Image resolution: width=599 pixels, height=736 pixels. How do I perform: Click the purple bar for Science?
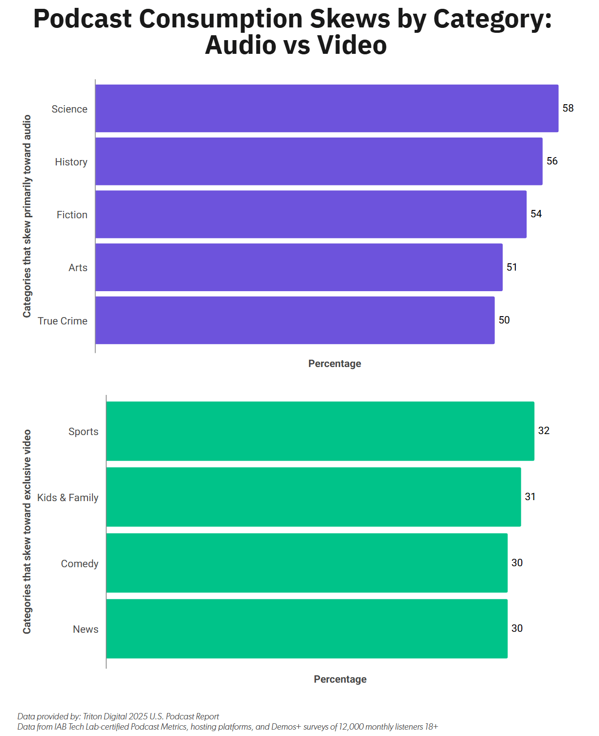pos(327,108)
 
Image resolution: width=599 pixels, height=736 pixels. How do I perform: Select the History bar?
pos(319,161)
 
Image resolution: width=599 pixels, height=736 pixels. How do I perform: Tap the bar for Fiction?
pos(311,214)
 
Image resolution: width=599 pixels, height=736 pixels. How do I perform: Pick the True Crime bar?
pos(295,320)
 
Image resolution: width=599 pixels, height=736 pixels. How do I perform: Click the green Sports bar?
pos(320,431)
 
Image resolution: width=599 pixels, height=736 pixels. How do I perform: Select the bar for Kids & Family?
pos(313,497)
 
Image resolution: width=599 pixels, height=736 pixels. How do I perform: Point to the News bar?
pos(307,628)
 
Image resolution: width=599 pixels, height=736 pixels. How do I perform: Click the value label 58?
pos(568,108)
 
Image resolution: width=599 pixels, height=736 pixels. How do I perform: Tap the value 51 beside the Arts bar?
pos(511,267)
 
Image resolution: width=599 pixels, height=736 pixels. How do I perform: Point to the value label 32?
pos(544,431)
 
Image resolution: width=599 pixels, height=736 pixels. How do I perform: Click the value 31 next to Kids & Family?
pos(530,497)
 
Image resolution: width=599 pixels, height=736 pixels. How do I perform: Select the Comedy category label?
pos(79,564)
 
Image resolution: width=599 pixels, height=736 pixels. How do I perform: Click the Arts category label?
pos(78,268)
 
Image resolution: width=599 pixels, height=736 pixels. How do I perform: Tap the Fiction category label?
pos(72,214)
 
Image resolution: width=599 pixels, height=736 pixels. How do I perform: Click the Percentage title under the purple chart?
pos(334,364)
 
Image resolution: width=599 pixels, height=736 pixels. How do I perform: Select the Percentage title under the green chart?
pos(340,679)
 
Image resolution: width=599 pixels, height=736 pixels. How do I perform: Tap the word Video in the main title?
pos(352,45)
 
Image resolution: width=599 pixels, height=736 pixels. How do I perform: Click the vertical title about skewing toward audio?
pos(27,216)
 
